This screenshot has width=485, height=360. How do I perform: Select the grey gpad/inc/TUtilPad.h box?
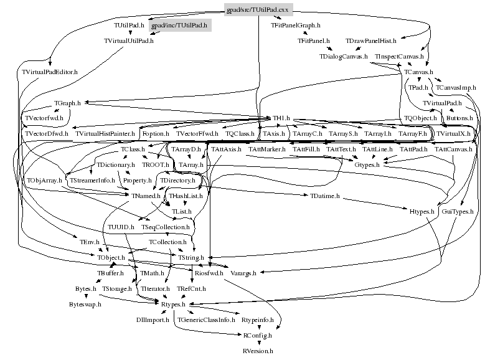pos(179,26)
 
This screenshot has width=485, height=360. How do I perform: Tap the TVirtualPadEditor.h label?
pos(49,72)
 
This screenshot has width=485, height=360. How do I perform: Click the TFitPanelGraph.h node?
pos(295,26)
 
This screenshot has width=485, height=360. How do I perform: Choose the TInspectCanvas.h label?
pos(399,57)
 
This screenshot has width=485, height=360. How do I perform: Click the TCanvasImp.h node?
pos(456,88)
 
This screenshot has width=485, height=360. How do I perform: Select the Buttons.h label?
pos(459,118)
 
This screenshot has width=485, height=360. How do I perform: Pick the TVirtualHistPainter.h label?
pos(105,134)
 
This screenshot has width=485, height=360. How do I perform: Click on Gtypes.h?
pos(367,164)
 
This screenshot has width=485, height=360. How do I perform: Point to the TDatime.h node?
pos(324,196)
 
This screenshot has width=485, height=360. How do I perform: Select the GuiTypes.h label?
pos(457,212)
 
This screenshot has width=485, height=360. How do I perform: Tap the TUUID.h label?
pos(121,227)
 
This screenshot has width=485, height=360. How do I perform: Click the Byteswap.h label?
pos(85,304)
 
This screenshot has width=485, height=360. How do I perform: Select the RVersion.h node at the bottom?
pos(258,351)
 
